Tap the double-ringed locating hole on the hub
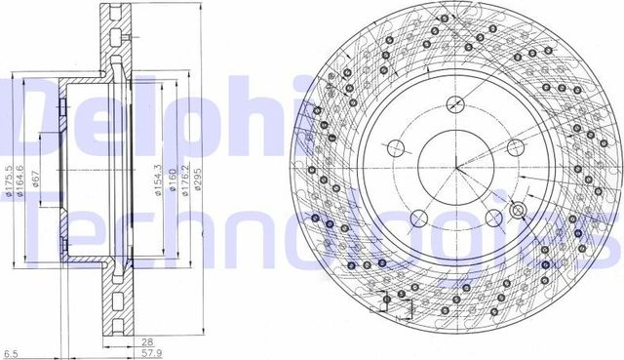point(518,212)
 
